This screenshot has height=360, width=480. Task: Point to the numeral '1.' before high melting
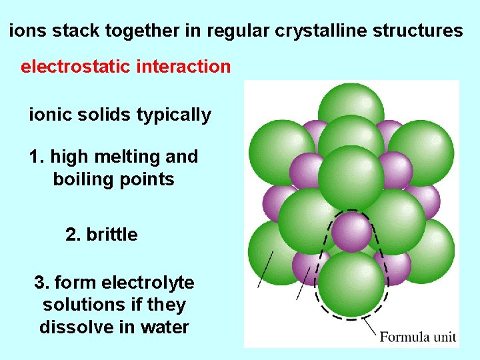[37, 157]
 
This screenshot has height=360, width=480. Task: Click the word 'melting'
[129, 157]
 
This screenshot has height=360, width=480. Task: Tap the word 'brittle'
[112, 235]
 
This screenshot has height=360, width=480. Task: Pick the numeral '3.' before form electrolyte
[41, 283]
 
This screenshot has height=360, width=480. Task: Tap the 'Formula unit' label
[417, 336]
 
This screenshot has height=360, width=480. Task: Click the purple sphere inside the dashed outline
[351, 231]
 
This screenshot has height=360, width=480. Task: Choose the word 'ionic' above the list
[47, 115]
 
